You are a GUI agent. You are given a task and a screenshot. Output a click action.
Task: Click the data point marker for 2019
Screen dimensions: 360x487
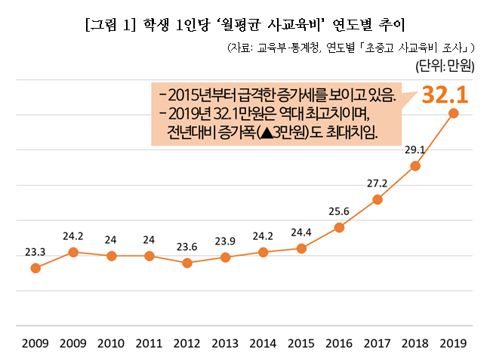click(453, 113)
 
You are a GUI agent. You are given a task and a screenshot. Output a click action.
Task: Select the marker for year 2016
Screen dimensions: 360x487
click(339, 227)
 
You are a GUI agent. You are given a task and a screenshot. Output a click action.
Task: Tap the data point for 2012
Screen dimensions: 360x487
click(187, 263)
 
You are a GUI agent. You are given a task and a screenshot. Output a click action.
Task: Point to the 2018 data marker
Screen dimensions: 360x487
click(415, 166)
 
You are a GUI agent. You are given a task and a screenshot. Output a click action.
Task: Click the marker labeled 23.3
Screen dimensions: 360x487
click(35, 268)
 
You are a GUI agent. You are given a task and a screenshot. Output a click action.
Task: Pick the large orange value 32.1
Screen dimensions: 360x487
click(445, 94)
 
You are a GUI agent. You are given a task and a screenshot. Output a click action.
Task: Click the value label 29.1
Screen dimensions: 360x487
click(415, 149)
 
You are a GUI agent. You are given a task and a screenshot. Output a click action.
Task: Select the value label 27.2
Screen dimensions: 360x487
click(377, 183)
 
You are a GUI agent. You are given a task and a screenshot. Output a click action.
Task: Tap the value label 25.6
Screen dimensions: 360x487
click(339, 211)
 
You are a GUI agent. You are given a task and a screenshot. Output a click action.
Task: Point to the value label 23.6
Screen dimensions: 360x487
click(187, 245)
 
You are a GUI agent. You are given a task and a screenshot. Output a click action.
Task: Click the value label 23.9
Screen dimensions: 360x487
click(225, 241)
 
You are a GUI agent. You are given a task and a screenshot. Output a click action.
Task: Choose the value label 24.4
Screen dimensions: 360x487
click(301, 231)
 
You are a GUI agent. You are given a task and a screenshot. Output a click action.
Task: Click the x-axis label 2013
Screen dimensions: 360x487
click(225, 343)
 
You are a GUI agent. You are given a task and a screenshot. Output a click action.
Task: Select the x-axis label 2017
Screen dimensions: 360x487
click(377, 343)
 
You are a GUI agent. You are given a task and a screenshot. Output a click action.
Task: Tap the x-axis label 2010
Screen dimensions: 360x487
click(111, 343)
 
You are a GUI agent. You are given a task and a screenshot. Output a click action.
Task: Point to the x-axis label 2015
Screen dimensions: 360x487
click(301, 343)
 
